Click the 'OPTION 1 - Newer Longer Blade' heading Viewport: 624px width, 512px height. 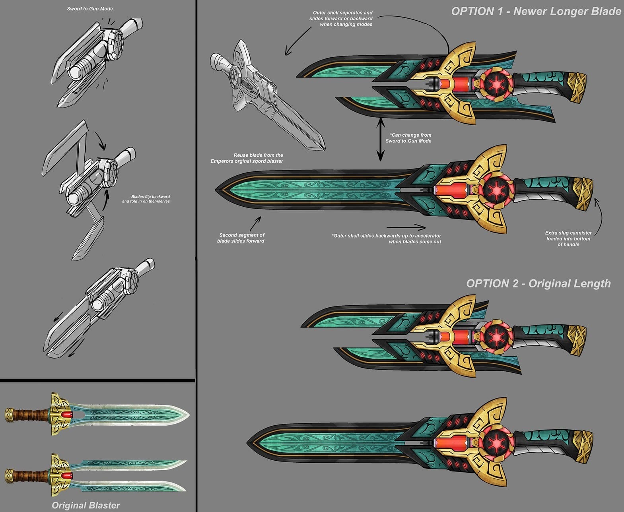point(536,12)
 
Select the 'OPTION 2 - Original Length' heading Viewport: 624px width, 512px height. point(538,284)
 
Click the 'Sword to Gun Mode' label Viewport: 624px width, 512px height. point(89,9)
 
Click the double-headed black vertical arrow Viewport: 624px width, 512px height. point(381,139)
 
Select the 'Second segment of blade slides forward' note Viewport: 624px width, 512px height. point(241,238)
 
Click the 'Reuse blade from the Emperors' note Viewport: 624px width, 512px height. point(247,158)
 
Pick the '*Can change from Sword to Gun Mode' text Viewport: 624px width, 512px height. point(408,138)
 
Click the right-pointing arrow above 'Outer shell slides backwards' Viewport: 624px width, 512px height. point(406,227)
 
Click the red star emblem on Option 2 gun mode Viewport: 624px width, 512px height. point(496,337)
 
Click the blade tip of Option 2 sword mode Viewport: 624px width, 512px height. point(247,443)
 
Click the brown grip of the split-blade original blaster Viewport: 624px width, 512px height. point(31,476)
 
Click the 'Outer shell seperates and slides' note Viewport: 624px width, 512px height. point(341,19)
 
